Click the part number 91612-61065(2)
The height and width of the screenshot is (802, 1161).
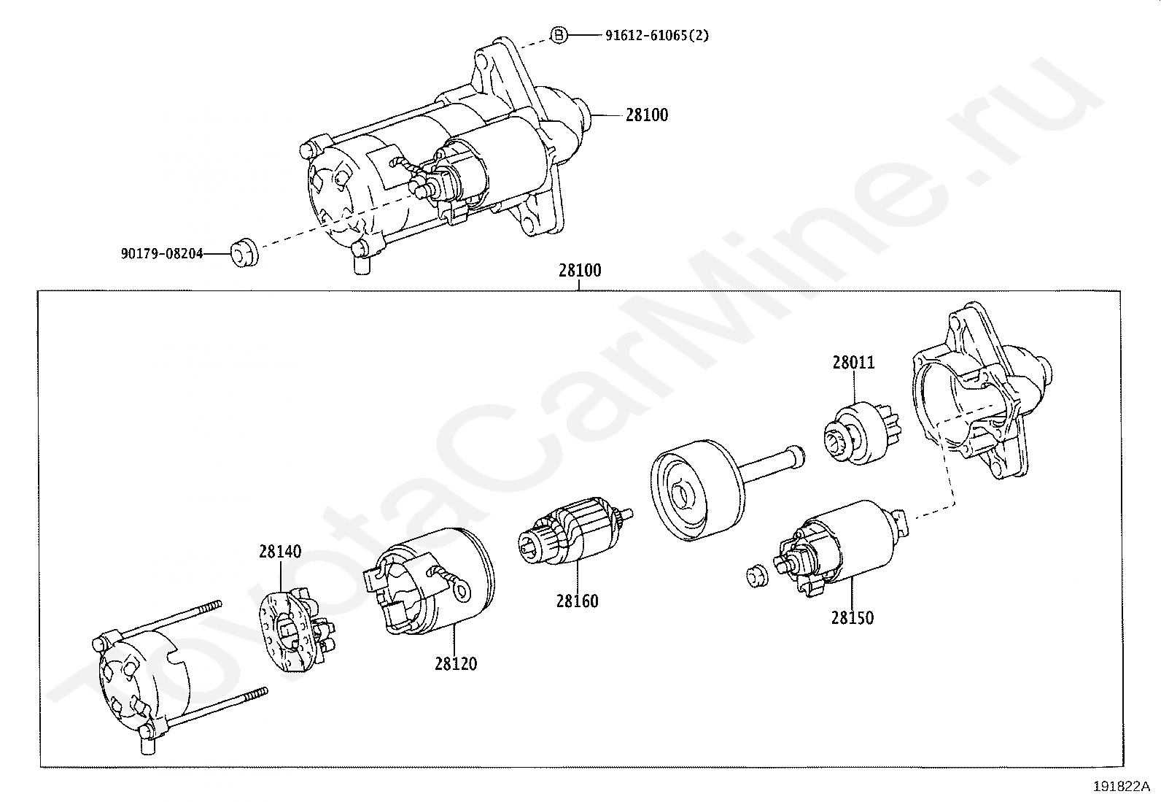click(x=656, y=35)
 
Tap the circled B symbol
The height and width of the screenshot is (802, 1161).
click(x=558, y=34)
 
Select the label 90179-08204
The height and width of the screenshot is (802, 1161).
click(x=162, y=254)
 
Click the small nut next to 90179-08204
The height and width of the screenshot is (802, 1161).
click(x=244, y=255)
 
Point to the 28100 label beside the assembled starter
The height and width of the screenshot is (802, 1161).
click(x=646, y=115)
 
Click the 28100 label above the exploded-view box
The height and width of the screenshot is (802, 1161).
click(x=580, y=271)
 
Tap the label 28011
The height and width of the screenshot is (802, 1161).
click(x=853, y=363)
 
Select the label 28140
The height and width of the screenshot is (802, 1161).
click(x=279, y=552)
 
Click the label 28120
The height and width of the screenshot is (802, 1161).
click(x=456, y=663)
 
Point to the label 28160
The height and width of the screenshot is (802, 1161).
click(x=577, y=601)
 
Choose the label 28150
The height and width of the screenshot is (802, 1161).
click(x=852, y=618)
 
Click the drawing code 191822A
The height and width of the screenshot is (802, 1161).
click(x=1120, y=787)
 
